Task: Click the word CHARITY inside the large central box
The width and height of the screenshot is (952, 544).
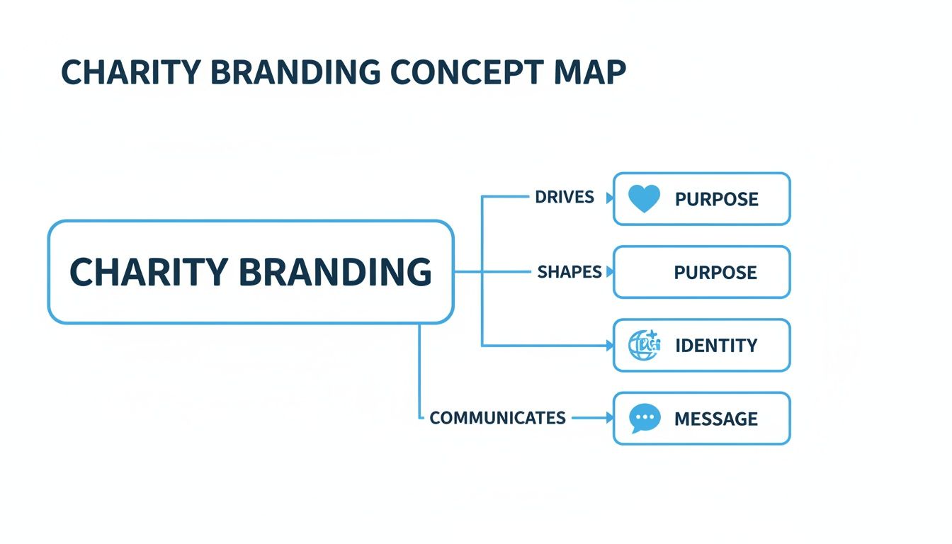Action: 149,272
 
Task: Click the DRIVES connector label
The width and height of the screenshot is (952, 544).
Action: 565,197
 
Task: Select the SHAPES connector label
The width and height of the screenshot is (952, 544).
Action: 569,272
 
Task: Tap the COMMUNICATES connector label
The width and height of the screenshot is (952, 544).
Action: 497,418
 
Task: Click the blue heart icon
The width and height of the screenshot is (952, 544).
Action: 644,199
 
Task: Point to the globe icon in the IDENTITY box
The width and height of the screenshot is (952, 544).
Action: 644,345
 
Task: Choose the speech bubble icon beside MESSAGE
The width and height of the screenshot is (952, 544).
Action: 645,419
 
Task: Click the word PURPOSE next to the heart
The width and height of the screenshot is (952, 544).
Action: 716,199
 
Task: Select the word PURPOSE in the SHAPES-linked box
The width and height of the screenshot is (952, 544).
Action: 715,272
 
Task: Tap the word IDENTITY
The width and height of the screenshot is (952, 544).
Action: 716,346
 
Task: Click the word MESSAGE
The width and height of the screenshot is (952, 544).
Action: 716,419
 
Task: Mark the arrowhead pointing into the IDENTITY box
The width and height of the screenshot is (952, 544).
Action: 609,346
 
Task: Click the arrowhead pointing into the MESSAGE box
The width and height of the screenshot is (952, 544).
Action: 609,419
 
